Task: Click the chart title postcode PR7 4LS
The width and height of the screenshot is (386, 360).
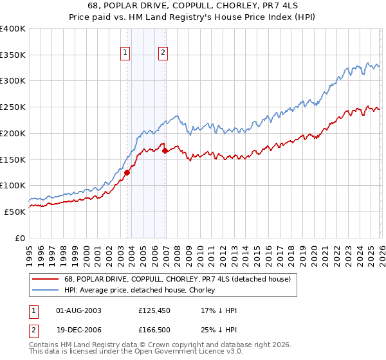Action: coord(280,6)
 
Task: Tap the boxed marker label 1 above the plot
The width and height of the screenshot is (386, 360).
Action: coord(124,53)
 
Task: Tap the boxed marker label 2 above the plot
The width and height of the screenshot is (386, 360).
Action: coord(163,53)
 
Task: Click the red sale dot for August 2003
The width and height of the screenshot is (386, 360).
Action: coord(127,172)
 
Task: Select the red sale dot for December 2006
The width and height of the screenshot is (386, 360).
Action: coord(165,150)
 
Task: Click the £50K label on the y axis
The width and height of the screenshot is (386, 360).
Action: coord(14,212)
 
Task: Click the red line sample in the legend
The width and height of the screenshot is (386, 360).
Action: coord(46,279)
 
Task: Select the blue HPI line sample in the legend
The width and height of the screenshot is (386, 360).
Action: coord(46,290)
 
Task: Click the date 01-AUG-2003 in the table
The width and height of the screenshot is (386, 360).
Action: coord(78,311)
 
